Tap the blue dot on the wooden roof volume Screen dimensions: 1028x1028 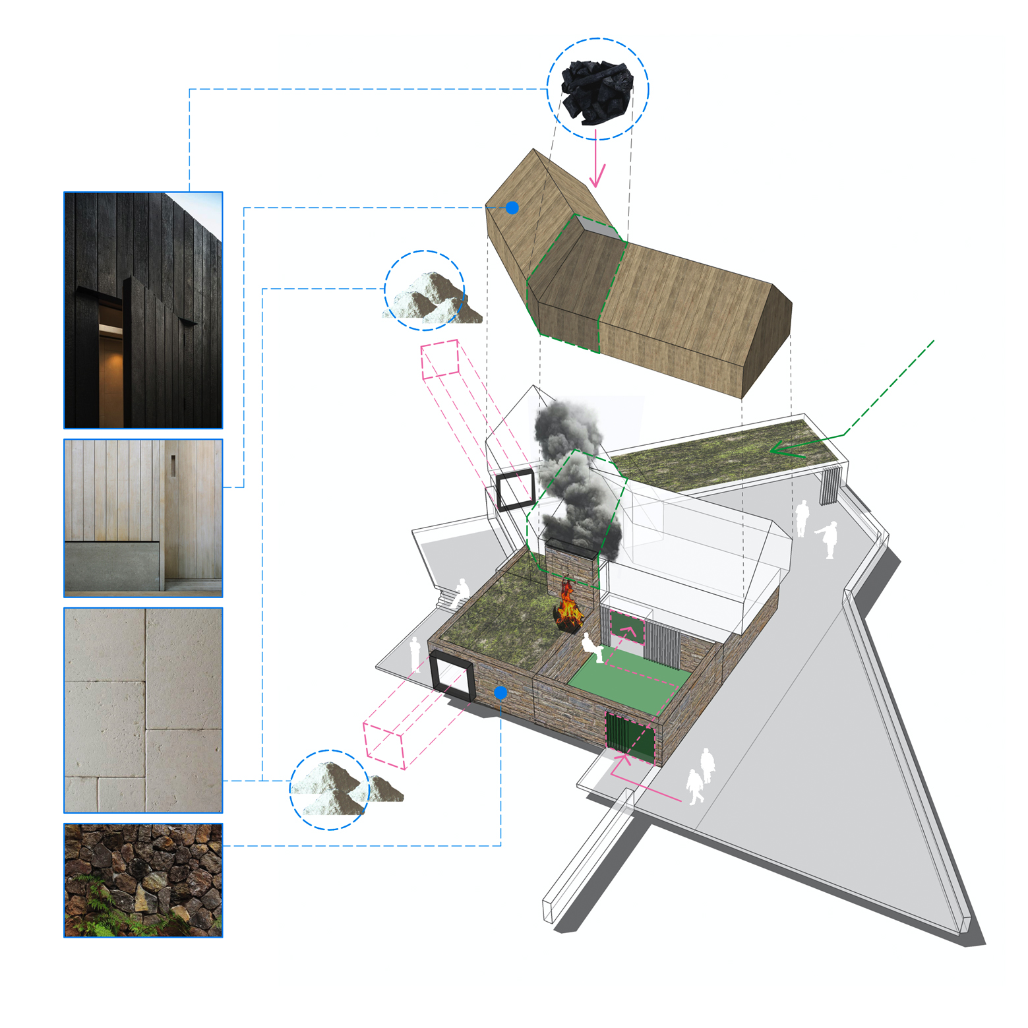(512, 208)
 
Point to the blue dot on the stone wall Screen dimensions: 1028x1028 (500, 692)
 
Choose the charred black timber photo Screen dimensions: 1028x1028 (143, 310)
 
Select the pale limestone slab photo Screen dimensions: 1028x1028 (143, 710)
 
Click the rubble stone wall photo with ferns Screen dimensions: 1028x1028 (143, 880)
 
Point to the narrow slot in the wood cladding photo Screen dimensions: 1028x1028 (174, 466)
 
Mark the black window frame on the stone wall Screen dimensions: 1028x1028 (452, 676)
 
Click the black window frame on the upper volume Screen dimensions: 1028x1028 (515, 491)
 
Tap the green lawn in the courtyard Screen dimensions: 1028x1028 (626, 682)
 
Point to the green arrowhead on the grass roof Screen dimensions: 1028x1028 (781, 451)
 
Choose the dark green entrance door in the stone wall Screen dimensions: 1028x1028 (630, 737)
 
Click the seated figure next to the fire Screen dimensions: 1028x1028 (592, 648)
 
